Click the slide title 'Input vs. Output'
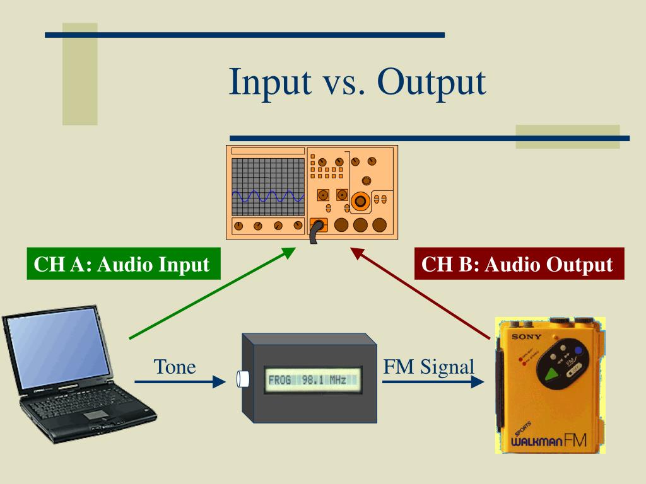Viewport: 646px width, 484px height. pyautogui.click(x=357, y=81)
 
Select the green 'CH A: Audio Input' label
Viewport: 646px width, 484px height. pyautogui.click(x=122, y=264)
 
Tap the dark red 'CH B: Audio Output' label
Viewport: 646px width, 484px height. pyautogui.click(x=517, y=264)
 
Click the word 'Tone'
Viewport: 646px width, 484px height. pyautogui.click(x=175, y=366)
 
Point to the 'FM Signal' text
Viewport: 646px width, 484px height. pyautogui.click(x=428, y=366)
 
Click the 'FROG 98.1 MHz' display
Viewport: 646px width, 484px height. pyautogui.click(x=313, y=381)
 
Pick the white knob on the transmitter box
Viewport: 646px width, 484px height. pyautogui.click(x=242, y=379)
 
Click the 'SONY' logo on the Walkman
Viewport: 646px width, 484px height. pyautogui.click(x=526, y=337)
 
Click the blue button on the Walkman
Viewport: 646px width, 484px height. pyautogui.click(x=578, y=350)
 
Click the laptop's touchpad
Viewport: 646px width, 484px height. pyautogui.click(x=96, y=414)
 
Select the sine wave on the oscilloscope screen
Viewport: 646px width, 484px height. pyautogui.click(x=267, y=196)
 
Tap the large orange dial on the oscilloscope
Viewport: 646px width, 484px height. pyautogui.click(x=361, y=201)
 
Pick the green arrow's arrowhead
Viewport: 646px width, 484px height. pyautogui.click(x=288, y=252)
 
